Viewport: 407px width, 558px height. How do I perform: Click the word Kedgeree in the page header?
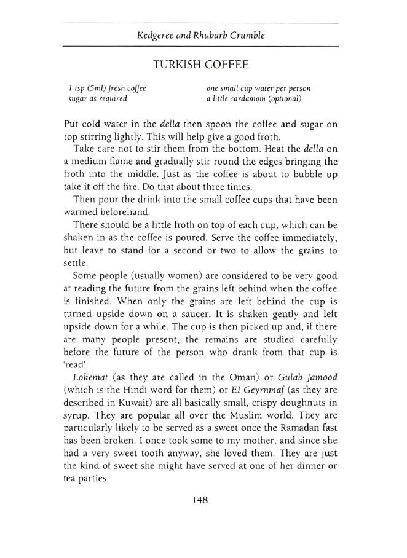[x=156, y=36]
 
